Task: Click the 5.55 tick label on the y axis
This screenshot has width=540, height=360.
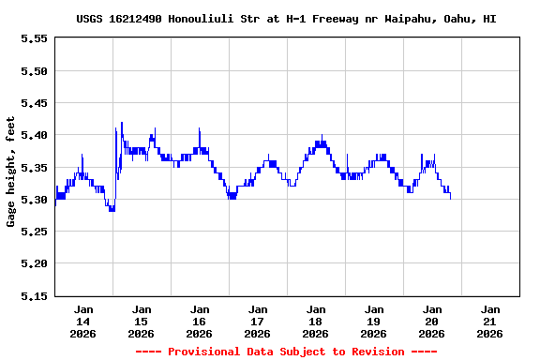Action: point(34,38)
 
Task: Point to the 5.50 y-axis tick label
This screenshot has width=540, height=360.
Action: point(34,71)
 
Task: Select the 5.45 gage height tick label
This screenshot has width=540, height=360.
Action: point(34,103)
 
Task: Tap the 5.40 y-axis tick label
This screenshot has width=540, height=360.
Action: point(34,135)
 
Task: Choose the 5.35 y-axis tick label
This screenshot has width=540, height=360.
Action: point(34,168)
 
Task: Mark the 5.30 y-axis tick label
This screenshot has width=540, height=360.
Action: point(34,200)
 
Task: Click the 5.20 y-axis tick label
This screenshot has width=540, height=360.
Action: point(34,263)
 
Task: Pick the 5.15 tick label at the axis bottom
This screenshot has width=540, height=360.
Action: point(34,296)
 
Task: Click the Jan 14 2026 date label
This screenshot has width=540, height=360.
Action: point(83,321)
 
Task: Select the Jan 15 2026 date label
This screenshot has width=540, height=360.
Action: point(142,321)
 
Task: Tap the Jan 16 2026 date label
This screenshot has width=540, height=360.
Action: point(200,321)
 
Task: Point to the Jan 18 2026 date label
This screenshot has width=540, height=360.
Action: point(316,321)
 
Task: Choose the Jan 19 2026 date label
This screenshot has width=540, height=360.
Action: point(374,321)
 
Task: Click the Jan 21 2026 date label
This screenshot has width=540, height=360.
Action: point(489,321)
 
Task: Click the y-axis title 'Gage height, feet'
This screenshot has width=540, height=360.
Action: point(11,171)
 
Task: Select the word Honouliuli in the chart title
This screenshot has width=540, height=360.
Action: point(202,19)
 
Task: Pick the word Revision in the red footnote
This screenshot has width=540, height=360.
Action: point(372,352)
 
